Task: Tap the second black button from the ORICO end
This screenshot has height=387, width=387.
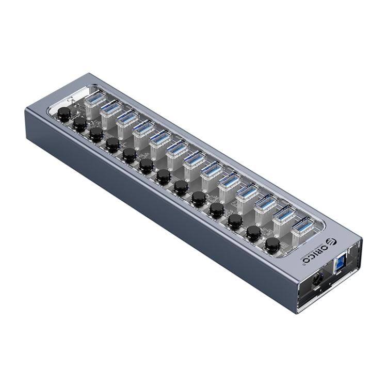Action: click(x=253, y=232)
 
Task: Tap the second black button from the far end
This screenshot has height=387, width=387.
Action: click(x=80, y=123)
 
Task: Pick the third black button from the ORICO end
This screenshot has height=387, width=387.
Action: click(x=235, y=220)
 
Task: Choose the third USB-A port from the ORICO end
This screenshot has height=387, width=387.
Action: click(x=264, y=206)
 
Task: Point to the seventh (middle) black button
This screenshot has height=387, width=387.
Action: click(x=164, y=176)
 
